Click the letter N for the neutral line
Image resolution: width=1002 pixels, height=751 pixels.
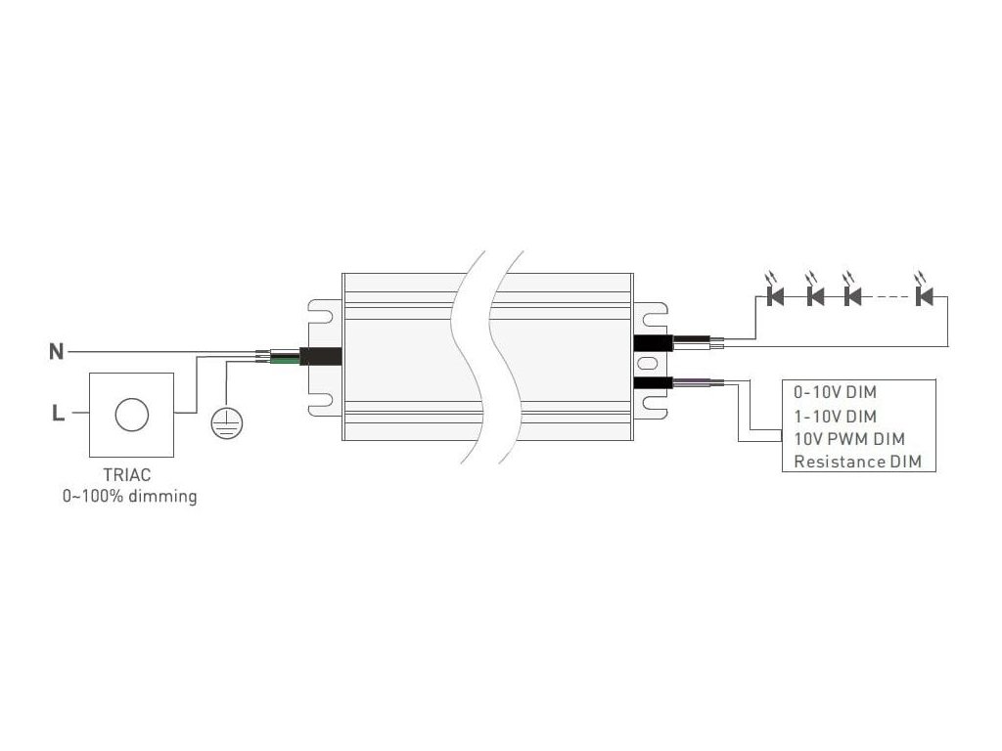pyautogui.click(x=57, y=351)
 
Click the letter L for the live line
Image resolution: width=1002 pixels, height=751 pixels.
pyautogui.click(x=58, y=414)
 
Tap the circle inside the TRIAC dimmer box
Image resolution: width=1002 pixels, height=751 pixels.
pyautogui.click(x=130, y=415)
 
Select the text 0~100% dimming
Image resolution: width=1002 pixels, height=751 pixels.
pyautogui.click(x=129, y=497)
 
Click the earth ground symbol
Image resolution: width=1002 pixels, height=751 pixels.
pyautogui.click(x=227, y=421)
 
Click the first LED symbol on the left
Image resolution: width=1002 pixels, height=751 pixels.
pyautogui.click(x=777, y=293)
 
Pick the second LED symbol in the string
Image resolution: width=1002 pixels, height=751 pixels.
pyautogui.click(x=814, y=293)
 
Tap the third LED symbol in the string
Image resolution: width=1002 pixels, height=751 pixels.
pyautogui.click(x=851, y=293)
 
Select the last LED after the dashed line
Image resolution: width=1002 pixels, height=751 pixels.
pyautogui.click(x=924, y=293)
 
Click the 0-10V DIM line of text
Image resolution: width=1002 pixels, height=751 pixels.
pyautogui.click(x=836, y=393)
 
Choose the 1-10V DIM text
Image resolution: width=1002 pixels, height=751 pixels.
pyautogui.click(x=835, y=416)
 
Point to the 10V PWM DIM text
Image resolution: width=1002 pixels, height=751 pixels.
pyautogui.click(x=848, y=438)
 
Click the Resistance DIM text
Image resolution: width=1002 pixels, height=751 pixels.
pyautogui.click(x=858, y=462)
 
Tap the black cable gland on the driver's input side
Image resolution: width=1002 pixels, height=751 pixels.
pyautogui.click(x=321, y=357)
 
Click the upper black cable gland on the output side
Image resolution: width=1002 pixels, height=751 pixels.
pyautogui.click(x=652, y=342)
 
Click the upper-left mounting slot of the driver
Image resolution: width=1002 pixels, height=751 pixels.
pyautogui.click(x=321, y=312)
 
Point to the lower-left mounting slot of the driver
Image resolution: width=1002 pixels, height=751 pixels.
pyautogui.click(x=321, y=400)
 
